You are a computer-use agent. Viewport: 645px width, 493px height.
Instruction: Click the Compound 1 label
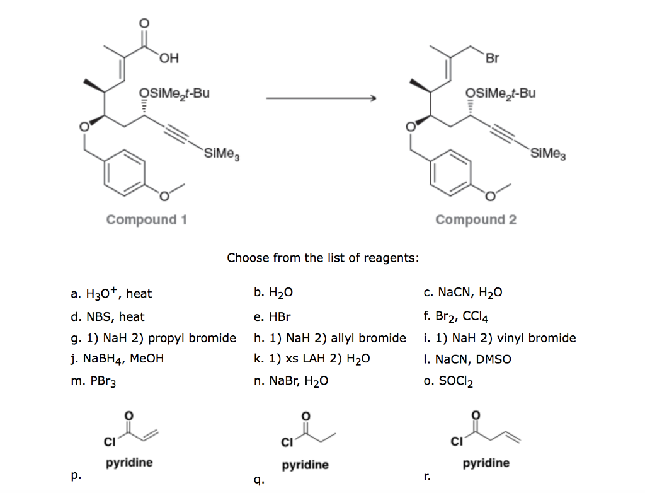146,219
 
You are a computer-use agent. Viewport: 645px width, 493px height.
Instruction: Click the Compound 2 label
476,219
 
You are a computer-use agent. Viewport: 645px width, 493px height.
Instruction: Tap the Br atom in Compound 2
492,59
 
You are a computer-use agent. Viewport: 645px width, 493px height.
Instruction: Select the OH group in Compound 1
168,59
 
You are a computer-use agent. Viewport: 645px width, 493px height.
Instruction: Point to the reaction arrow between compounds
321,98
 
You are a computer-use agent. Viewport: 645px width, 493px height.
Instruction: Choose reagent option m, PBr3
94,381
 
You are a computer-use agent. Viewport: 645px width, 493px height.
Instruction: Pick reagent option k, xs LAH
312,359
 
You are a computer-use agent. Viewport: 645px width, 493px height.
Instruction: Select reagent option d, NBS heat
108,316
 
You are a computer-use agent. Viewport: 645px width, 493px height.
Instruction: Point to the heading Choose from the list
322,257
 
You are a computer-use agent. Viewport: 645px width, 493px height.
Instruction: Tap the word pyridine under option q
305,465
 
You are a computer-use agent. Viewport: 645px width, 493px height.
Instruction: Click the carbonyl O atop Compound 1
145,23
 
